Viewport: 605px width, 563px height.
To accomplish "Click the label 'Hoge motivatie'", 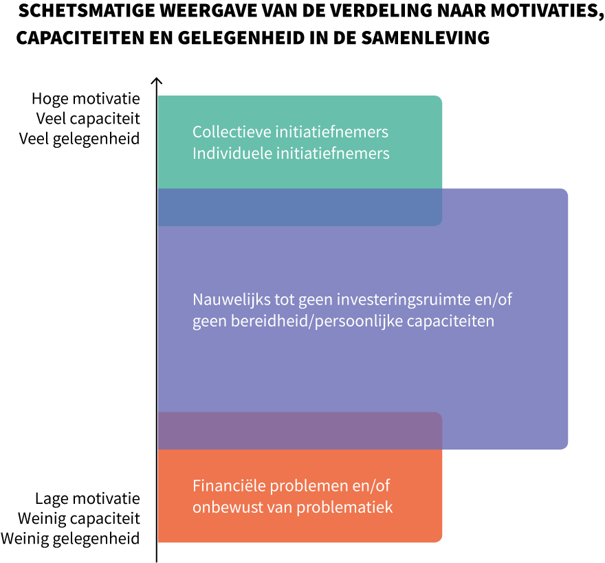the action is pos(86,99).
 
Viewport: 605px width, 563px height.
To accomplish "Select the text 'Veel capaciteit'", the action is pos(88,119).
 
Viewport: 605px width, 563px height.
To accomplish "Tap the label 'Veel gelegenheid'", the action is pos(79,139).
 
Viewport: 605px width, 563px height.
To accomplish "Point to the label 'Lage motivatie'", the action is pos(87,498).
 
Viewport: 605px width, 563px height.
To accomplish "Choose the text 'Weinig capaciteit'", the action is pos(78,518).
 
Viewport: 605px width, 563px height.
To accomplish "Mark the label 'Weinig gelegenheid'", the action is pos(70,539).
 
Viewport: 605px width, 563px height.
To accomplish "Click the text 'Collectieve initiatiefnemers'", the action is pos(290,132).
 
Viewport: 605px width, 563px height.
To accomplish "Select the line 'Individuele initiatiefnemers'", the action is pos(291,153).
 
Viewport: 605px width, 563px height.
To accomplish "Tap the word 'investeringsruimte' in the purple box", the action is pos(403,300).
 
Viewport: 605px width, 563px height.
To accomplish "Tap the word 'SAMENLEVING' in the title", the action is pos(426,38).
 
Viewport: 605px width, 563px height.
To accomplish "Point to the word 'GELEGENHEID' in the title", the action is pos(241,38).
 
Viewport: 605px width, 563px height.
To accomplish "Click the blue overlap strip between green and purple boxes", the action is pos(300,207).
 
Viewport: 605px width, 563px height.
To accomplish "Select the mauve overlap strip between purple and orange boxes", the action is pos(300,431).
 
